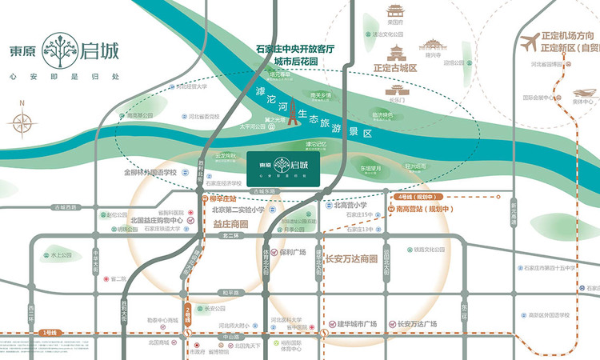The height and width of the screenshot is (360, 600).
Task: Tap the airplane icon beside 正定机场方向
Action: click(529, 42)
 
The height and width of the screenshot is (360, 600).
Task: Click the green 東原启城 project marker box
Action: click(284, 170)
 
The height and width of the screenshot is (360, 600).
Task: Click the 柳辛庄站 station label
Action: click(222, 196)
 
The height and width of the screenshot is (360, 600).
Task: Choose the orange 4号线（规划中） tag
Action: click(414, 196)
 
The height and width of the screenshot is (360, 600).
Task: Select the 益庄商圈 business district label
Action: click(230, 225)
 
